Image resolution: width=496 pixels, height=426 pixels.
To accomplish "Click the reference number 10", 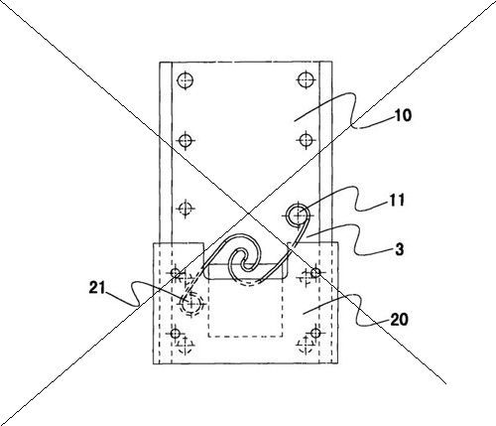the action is pyautogui.click(x=403, y=115).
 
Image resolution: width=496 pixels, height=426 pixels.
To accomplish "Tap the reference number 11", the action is pyautogui.click(x=396, y=200).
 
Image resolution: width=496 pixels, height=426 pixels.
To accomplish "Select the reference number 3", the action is pyautogui.click(x=400, y=249).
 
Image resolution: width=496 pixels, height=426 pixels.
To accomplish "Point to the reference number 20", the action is pyautogui.click(x=399, y=320).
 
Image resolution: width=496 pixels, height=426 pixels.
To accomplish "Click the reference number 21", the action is pyautogui.click(x=97, y=288).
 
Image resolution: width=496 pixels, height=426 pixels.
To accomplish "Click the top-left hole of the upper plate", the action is pyautogui.click(x=185, y=80).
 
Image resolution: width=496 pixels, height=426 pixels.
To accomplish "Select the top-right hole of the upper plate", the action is pyautogui.click(x=305, y=79).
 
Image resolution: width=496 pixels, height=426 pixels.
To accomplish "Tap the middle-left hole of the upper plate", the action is pyautogui.click(x=186, y=140).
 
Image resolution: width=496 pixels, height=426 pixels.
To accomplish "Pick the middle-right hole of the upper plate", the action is pyautogui.click(x=306, y=139).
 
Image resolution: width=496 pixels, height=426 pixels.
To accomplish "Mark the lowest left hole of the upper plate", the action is pyautogui.click(x=185, y=209).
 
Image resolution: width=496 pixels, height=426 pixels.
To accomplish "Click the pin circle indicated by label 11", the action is pyautogui.click(x=298, y=214).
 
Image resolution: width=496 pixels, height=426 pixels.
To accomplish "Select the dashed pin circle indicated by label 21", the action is pyautogui.click(x=191, y=304).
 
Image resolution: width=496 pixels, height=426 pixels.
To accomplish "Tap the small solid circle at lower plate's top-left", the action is pyautogui.click(x=176, y=273).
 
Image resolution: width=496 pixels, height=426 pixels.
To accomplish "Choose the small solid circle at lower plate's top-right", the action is pyautogui.click(x=315, y=273).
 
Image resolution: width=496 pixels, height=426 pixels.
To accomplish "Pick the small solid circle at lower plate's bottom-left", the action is pyautogui.click(x=176, y=333).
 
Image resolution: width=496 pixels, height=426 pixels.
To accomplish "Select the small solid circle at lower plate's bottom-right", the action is pyautogui.click(x=315, y=333).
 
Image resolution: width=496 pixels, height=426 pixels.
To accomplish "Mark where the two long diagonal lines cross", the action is pyautogui.click(x=248, y=213).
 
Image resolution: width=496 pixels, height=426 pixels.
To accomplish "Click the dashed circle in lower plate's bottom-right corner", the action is pyautogui.click(x=306, y=346).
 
